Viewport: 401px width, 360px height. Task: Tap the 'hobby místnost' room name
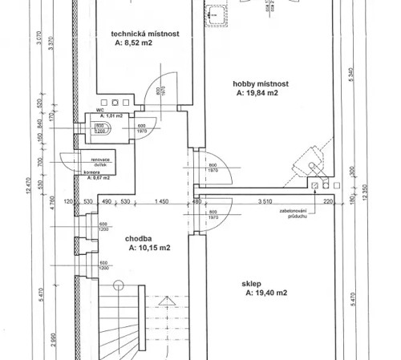click(x=261, y=83)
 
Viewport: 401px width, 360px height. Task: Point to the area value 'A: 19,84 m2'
click(x=257, y=93)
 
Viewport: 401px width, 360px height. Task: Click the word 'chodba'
click(x=140, y=238)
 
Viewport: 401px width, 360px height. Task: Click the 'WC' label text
click(x=101, y=110)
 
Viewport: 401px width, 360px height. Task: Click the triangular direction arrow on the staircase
click(x=167, y=303)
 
